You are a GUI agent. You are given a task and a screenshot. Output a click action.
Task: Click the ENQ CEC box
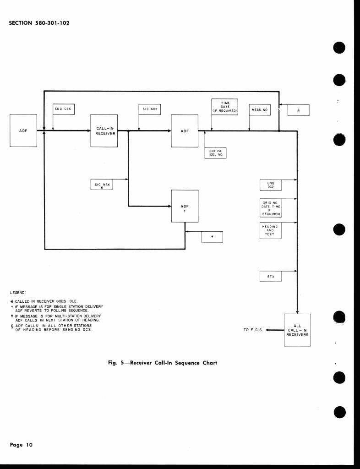pos(64,109)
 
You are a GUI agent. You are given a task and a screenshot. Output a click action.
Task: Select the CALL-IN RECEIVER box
pos(104,131)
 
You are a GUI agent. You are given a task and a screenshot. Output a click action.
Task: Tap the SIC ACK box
pos(149,109)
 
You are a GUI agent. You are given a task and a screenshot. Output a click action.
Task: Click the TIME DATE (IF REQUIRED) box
pos(224,107)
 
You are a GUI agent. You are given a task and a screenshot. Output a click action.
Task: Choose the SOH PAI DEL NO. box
pos(215,153)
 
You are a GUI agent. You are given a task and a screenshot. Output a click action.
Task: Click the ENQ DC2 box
pos(270,185)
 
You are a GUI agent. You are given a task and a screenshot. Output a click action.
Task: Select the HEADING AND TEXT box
pos(270,230)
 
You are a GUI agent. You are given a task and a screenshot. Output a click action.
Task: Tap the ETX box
pos(270,277)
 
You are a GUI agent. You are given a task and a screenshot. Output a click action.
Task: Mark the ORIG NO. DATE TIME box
pos(270,208)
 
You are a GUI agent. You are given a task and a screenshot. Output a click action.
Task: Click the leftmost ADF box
pos(23,131)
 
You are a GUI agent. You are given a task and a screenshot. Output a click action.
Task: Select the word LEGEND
pos(18,292)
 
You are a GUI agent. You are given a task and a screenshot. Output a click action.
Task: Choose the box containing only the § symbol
pos(299,110)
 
